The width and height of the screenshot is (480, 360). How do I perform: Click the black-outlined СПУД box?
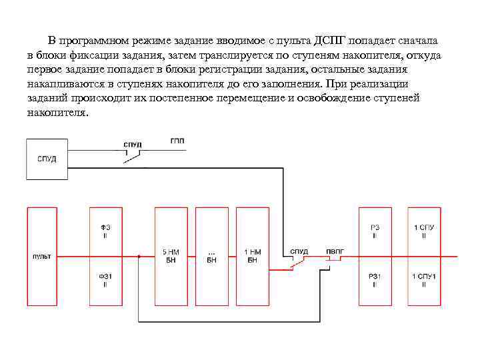(47, 159)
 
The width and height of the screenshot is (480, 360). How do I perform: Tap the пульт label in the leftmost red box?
(41, 256)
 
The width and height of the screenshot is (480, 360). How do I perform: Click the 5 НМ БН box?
(171, 256)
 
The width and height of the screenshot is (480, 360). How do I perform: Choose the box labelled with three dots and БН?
(211, 256)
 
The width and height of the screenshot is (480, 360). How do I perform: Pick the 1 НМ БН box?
(253, 256)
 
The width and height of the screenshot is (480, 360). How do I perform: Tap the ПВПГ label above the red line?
(335, 251)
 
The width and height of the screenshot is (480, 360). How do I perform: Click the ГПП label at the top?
(177, 141)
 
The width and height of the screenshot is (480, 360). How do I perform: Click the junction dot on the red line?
(139, 256)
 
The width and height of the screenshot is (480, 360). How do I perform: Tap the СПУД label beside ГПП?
(133, 145)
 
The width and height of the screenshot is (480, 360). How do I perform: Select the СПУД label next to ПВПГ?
(299, 251)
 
